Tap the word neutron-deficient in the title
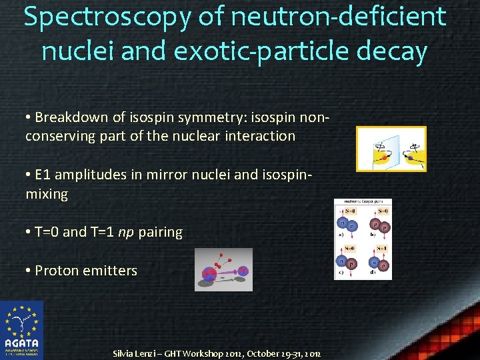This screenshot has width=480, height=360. click(336, 16)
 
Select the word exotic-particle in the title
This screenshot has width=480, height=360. click(263, 51)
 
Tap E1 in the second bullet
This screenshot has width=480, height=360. click(43, 175)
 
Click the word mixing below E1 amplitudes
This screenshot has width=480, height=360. click(47, 194)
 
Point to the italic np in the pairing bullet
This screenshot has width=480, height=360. click(125, 233)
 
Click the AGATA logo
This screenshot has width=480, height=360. click(21, 330)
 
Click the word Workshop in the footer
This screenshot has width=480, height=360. click(199, 353)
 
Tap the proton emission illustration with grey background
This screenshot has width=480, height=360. click(223, 270)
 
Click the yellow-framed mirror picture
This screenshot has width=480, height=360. click(391, 149)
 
